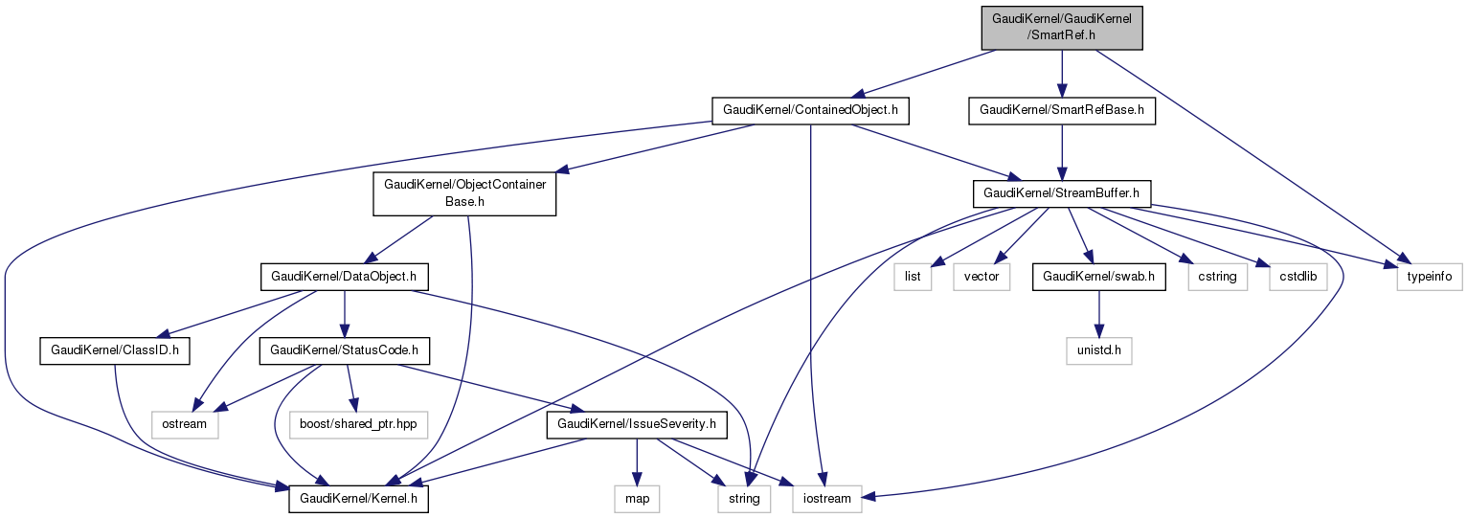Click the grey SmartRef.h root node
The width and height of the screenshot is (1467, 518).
tap(1063, 27)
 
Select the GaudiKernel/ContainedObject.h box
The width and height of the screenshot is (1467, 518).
tap(809, 111)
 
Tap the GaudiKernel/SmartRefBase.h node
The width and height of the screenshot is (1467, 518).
tap(1062, 111)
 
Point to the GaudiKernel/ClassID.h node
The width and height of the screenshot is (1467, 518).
tap(115, 351)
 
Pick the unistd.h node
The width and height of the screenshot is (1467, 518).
tap(1097, 351)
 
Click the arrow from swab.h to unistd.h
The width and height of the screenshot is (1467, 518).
tap(1097, 315)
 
